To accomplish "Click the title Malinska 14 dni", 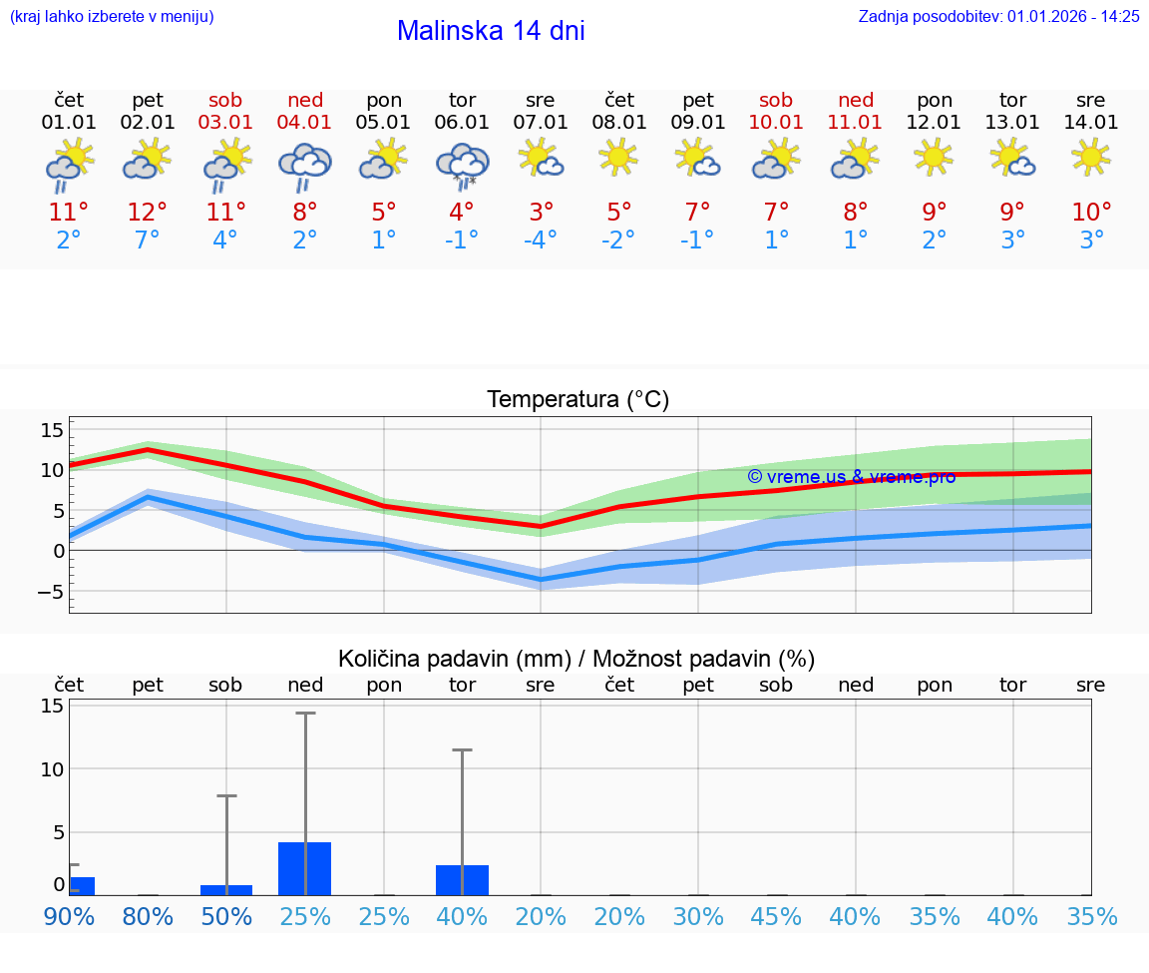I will [491, 31].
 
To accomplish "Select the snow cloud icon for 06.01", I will [462, 165].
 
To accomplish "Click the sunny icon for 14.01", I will [1090, 157].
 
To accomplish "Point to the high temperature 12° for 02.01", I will [148, 213].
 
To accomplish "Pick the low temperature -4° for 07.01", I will [540, 241].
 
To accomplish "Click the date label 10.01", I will [776, 123].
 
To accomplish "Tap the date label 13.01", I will [1012, 123].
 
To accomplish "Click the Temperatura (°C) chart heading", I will [577, 400].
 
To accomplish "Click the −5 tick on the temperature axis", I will [50, 592].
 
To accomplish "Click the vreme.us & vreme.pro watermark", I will [851, 477].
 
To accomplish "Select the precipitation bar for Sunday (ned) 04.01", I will [305, 868].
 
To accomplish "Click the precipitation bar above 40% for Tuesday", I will [462, 879].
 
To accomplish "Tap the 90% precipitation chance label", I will [69, 917].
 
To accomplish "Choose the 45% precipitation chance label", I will [776, 917].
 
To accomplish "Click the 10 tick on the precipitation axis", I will [52, 768].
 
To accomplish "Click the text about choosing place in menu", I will [112, 16].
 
